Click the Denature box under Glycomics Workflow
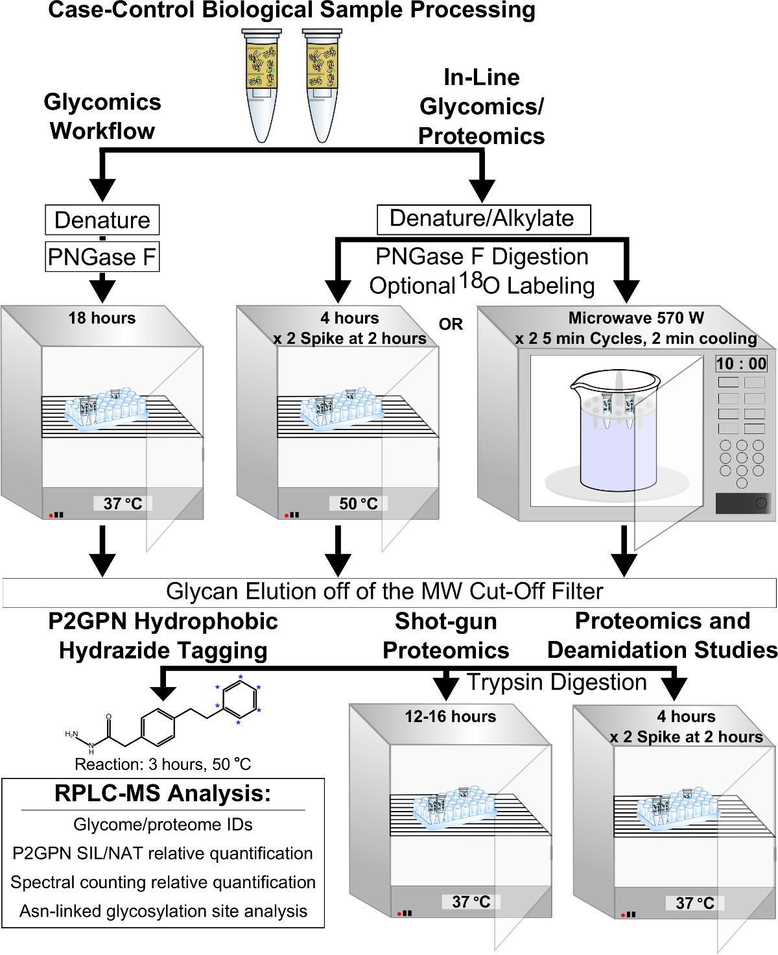(x=102, y=220)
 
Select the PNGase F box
(x=102, y=257)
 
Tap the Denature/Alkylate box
(x=484, y=220)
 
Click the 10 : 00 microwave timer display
(x=741, y=363)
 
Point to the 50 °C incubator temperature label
(x=359, y=503)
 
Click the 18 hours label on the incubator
(x=102, y=318)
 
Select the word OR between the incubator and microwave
(x=451, y=324)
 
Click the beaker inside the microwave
(x=617, y=430)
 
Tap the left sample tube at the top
(x=261, y=86)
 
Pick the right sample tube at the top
(x=322, y=86)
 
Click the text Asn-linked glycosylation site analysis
(x=163, y=911)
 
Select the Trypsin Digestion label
(x=557, y=682)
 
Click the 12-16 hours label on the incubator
(x=451, y=716)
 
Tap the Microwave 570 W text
(x=637, y=318)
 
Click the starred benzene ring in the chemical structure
(x=239, y=700)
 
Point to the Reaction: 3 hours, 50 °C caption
(x=163, y=764)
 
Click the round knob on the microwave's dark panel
(x=762, y=503)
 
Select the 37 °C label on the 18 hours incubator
(x=123, y=503)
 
